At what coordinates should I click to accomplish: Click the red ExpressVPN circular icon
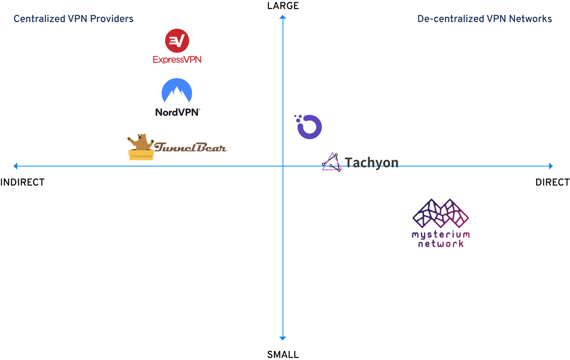pyautogui.click(x=177, y=41)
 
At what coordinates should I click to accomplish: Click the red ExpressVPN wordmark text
pyautogui.click(x=177, y=59)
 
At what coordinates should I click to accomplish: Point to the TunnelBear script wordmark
pyautogui.click(x=190, y=148)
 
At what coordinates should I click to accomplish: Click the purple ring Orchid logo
pyautogui.click(x=309, y=126)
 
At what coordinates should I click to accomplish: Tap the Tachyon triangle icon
pyautogui.click(x=332, y=162)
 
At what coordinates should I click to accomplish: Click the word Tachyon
pyautogui.click(x=372, y=162)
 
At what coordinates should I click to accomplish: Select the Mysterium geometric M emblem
pyautogui.click(x=441, y=214)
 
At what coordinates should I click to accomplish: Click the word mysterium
pyautogui.click(x=440, y=235)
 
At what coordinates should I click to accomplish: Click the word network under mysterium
pyautogui.click(x=441, y=244)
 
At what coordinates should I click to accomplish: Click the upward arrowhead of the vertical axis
pyautogui.click(x=283, y=17)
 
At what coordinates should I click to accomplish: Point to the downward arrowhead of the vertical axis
pyautogui.click(x=283, y=338)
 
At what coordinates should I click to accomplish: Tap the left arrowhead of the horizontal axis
pyautogui.click(x=16, y=166)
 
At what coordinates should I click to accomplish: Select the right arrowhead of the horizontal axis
pyautogui.click(x=551, y=166)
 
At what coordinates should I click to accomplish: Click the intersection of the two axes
pyautogui.click(x=283, y=166)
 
